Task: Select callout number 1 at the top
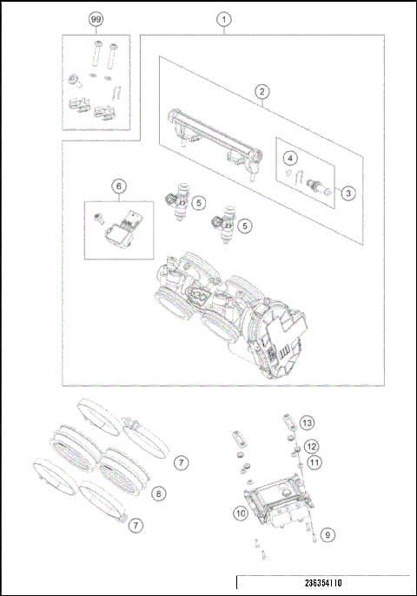click(224, 18)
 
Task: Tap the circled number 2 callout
click(260, 90)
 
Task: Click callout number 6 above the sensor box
click(119, 185)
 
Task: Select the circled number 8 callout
click(157, 494)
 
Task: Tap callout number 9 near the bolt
click(326, 535)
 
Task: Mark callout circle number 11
click(314, 462)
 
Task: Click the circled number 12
click(311, 447)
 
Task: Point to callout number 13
click(306, 422)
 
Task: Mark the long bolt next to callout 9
click(309, 534)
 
